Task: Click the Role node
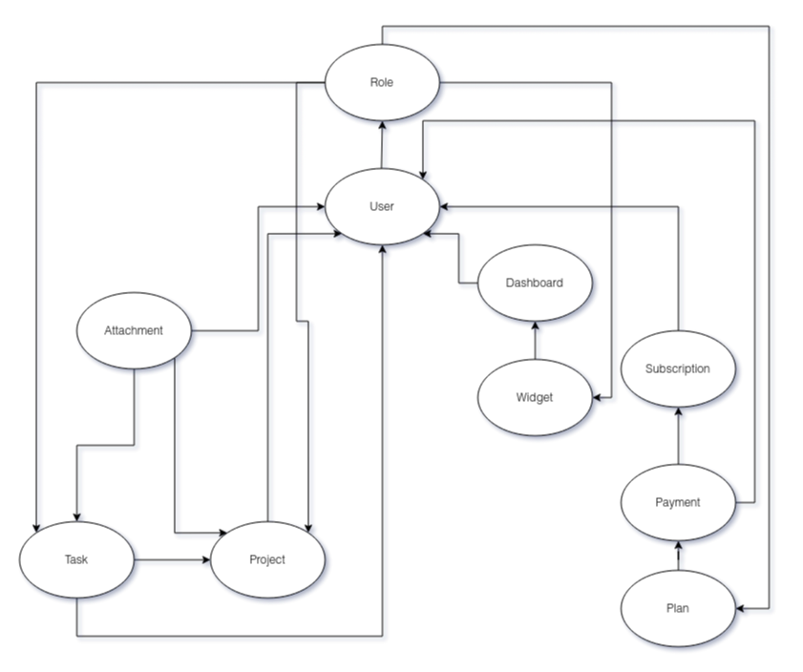coord(382,82)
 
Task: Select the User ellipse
coord(382,206)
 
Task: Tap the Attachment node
coord(134,331)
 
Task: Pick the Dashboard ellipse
coord(535,283)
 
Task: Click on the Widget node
coord(535,397)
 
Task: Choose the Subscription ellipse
coord(678,368)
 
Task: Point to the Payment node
coord(678,502)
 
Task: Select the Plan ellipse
coord(678,608)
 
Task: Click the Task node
coord(76,559)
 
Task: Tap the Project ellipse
coord(267,559)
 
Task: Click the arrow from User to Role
coord(382,144)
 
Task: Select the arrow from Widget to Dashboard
coord(535,340)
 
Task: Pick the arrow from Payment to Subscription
coord(678,435)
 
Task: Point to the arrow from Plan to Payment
coord(678,556)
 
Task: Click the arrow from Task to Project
coord(172,559)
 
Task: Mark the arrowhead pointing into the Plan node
coord(741,608)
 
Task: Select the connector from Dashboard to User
coord(459,258)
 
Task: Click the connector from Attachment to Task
coord(105,445)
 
